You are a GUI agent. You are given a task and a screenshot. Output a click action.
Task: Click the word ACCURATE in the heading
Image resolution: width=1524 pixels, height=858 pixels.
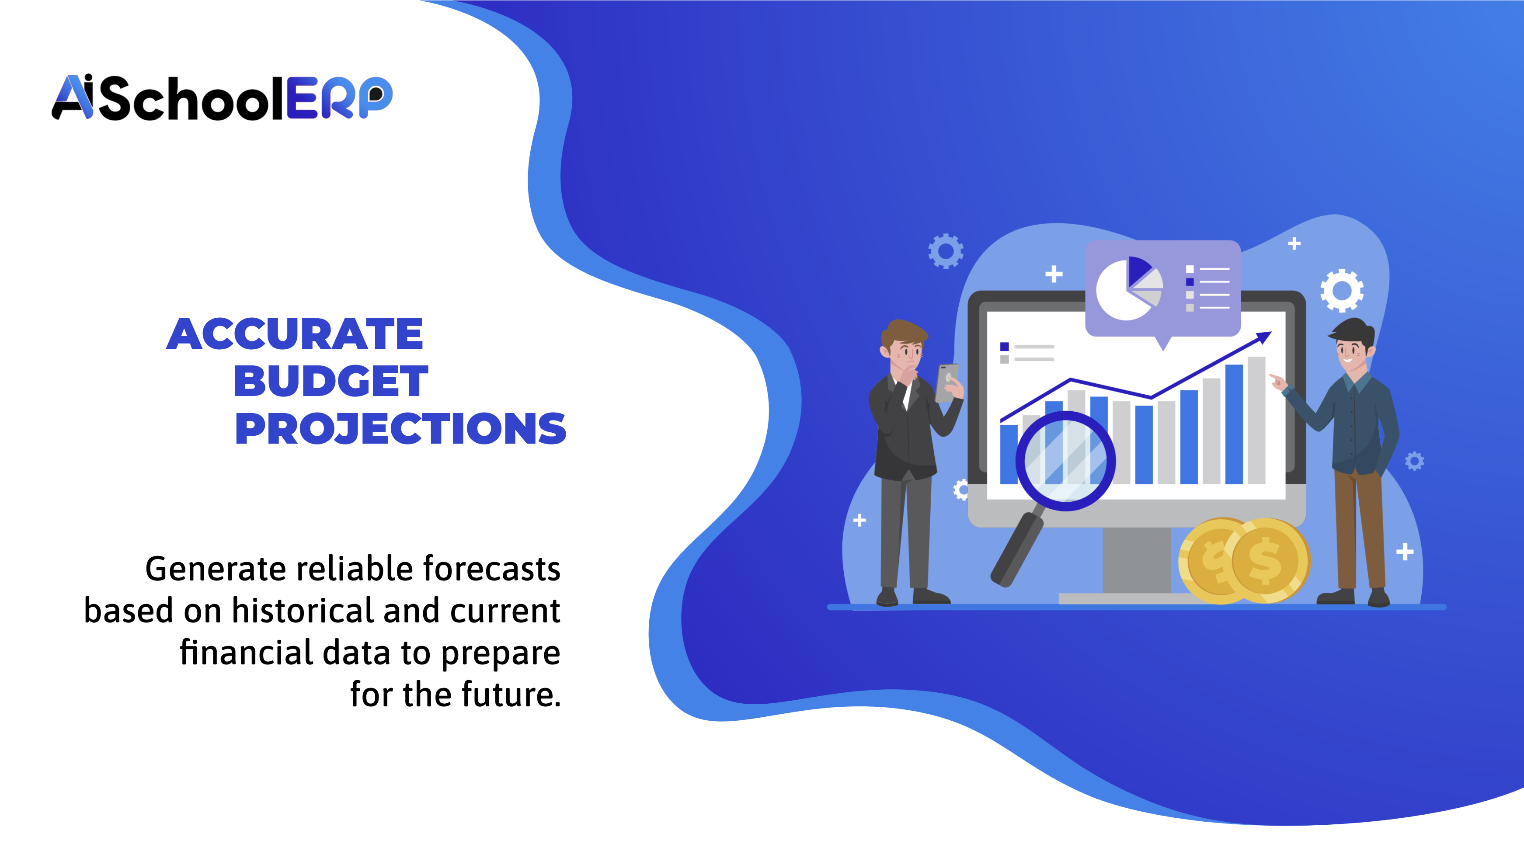(x=295, y=334)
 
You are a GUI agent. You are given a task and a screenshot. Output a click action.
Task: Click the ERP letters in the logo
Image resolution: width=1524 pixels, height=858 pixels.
(x=339, y=98)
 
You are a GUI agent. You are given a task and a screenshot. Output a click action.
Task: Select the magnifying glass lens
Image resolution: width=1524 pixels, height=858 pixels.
(x=1065, y=461)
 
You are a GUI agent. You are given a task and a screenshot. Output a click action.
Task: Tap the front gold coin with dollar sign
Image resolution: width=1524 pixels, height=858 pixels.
(x=1267, y=561)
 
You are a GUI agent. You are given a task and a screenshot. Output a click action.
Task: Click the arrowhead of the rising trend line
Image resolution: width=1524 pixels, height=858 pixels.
(x=1264, y=337)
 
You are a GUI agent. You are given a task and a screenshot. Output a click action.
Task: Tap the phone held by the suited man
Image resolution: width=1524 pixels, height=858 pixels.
(x=946, y=382)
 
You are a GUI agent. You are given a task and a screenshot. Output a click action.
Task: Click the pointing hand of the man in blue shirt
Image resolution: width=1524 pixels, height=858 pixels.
(x=1277, y=382)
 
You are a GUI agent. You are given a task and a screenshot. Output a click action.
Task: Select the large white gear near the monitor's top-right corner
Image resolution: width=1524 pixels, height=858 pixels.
(x=1342, y=290)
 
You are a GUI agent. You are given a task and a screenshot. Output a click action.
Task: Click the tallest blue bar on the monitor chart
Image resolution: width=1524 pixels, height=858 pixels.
(x=1234, y=424)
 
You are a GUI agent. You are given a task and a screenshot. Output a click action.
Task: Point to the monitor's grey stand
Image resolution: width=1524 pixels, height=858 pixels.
(x=1136, y=559)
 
